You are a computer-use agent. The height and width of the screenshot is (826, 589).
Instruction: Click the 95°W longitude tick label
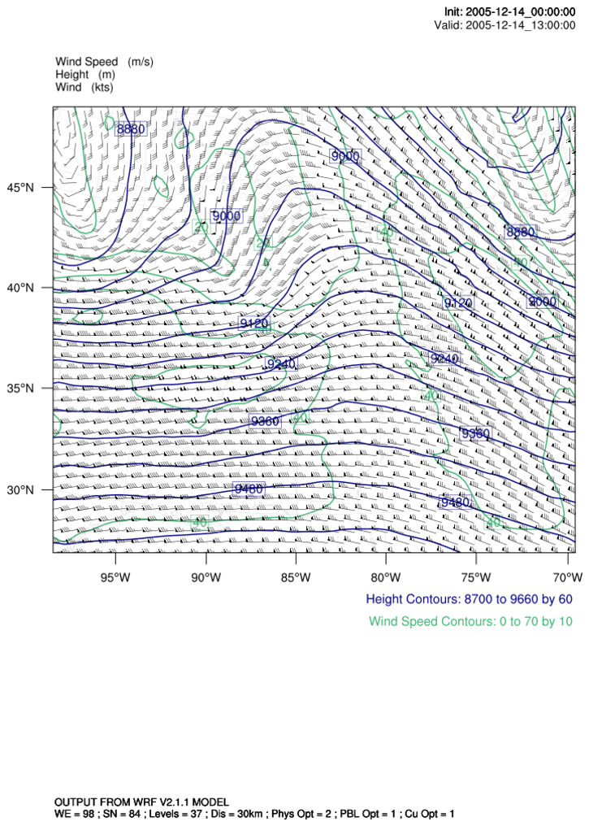tap(115, 578)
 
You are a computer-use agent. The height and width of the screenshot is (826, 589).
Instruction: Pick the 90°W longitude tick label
tap(206, 578)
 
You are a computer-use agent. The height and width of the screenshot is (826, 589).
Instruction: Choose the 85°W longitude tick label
tap(296, 578)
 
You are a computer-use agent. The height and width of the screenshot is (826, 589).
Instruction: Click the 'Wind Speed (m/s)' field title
tap(104, 62)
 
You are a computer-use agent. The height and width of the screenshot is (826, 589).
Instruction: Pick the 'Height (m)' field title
tap(84, 75)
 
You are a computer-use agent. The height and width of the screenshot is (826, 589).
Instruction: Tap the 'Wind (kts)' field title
tap(84, 88)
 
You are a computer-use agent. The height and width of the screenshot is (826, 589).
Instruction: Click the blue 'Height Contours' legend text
tap(470, 600)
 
